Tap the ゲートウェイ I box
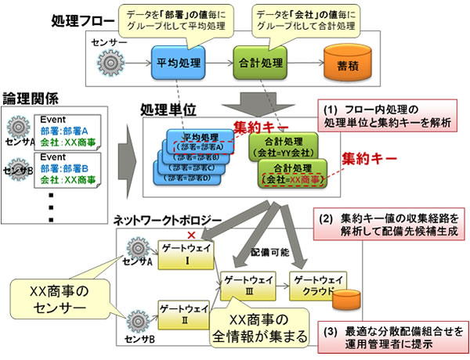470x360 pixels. click(x=183, y=254)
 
